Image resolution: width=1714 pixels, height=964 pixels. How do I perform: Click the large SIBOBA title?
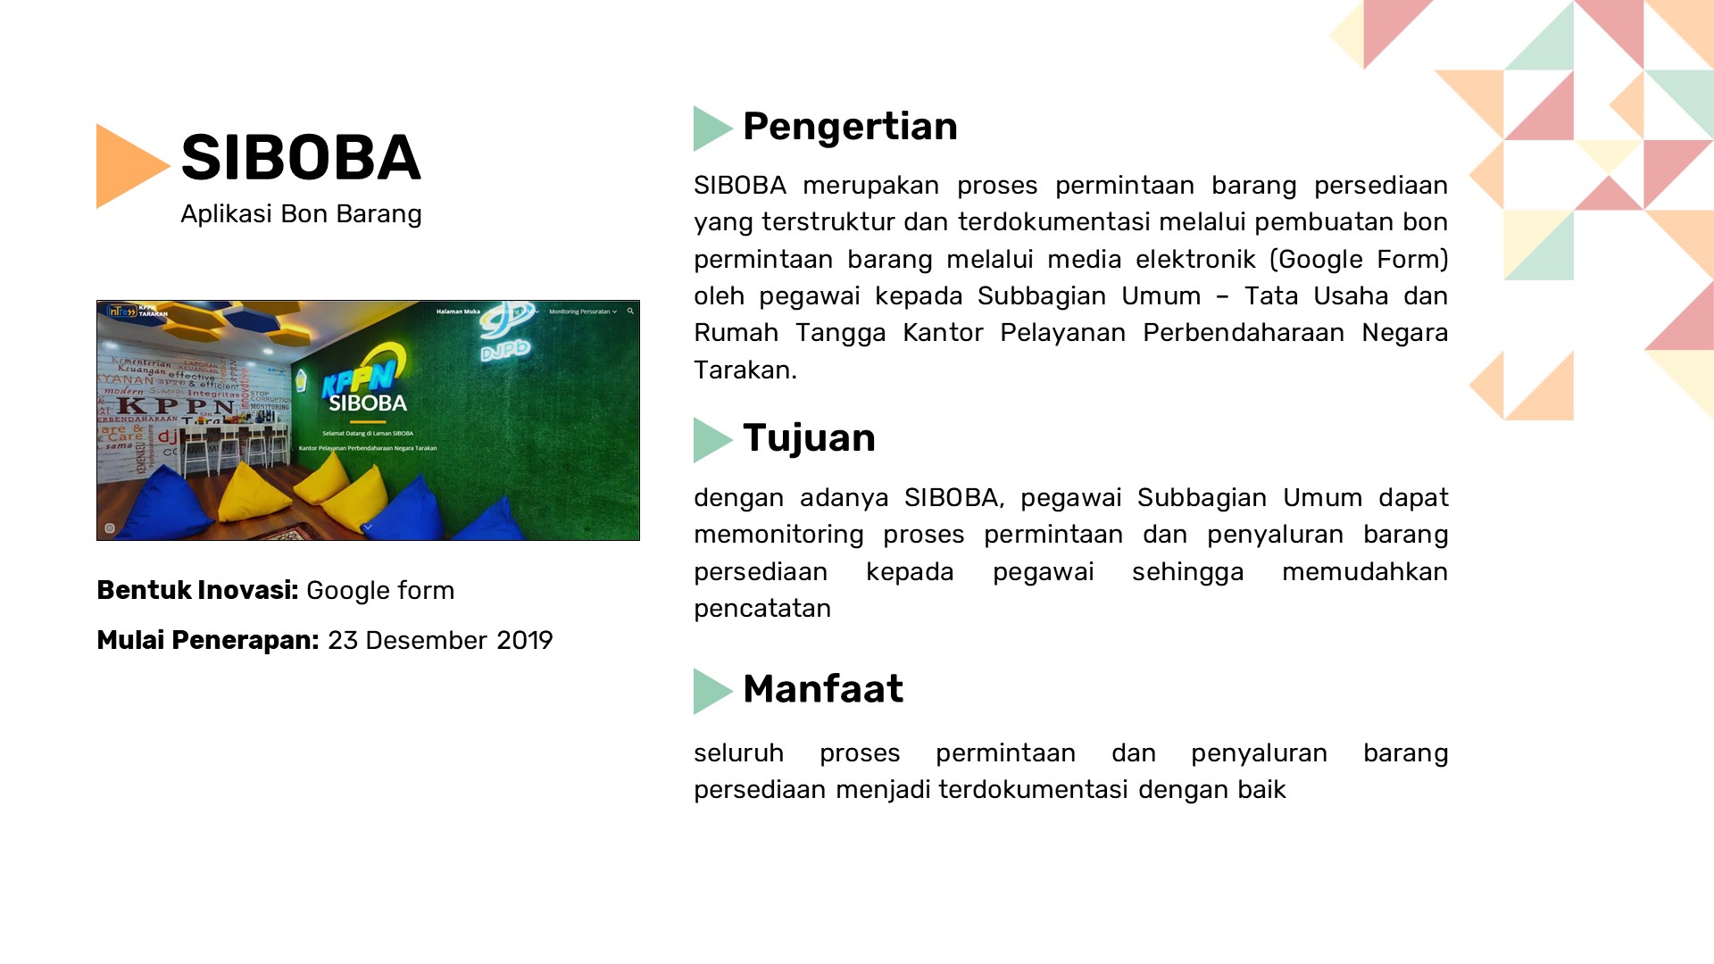click(x=300, y=158)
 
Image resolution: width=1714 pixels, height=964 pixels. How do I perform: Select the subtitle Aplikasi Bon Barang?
click(x=301, y=214)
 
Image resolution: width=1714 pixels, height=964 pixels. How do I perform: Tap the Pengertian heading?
click(x=849, y=127)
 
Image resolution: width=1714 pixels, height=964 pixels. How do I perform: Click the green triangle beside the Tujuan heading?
click(x=711, y=440)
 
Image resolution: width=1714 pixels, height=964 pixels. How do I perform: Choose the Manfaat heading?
click(x=822, y=689)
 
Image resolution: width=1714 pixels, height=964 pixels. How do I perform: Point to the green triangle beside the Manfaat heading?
click(x=711, y=691)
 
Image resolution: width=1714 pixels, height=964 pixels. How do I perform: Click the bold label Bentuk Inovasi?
click(x=197, y=591)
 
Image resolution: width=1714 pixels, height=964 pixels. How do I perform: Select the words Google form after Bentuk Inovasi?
click(x=380, y=591)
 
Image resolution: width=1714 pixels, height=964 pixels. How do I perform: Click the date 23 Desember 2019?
click(x=440, y=641)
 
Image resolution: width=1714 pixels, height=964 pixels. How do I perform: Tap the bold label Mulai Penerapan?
click(x=207, y=641)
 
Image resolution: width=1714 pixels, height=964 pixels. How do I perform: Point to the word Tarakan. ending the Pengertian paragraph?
click(x=745, y=370)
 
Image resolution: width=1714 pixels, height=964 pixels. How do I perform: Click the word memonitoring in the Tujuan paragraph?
click(x=778, y=535)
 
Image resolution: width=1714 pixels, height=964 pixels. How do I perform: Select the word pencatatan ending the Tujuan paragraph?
click(x=761, y=609)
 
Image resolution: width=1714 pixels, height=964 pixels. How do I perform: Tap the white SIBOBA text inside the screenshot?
click(x=368, y=403)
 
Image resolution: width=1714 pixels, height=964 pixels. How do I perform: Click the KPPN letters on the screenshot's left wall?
click(x=178, y=407)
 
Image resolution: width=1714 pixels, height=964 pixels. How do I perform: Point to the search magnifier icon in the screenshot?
click(x=630, y=312)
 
